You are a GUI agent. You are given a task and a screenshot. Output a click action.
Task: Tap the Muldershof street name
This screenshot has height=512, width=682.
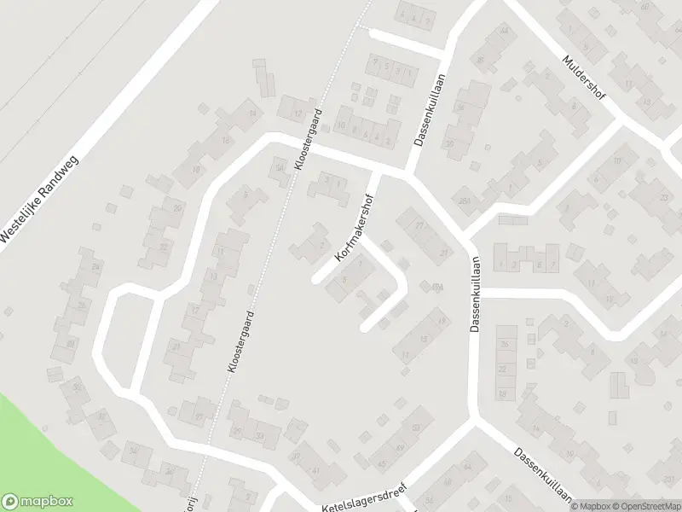click(x=584, y=78)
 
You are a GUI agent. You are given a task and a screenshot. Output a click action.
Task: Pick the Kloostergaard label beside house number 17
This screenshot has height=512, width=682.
click(x=241, y=340)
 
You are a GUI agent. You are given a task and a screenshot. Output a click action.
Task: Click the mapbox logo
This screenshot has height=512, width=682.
click(x=38, y=501)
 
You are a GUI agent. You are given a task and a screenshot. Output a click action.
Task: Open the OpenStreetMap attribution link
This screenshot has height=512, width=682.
click(x=644, y=505)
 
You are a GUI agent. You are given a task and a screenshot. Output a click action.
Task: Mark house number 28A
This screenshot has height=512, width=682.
click(x=464, y=201)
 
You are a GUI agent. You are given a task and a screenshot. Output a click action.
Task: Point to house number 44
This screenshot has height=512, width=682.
click(x=468, y=467)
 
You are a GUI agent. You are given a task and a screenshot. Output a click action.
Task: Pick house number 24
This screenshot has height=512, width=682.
click(x=95, y=268)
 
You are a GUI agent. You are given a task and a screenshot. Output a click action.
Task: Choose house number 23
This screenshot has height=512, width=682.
click(x=663, y=197)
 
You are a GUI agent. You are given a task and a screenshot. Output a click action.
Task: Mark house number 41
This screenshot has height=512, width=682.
click(x=315, y=470)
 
